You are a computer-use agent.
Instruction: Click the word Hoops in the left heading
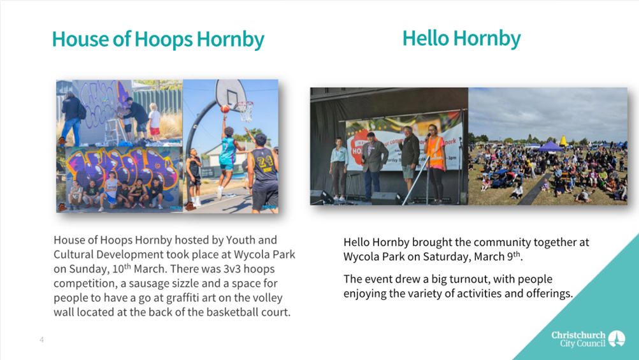coord(164,40)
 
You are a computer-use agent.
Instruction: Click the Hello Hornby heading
coord(461,39)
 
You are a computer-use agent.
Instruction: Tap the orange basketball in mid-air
coord(225,109)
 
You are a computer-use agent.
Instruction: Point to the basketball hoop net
coord(245,112)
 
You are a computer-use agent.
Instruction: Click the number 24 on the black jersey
coord(265,160)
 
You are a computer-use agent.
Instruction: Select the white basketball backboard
coord(230,94)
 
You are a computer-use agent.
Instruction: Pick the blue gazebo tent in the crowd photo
coord(550,147)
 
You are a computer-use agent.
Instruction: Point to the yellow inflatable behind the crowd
coord(563,141)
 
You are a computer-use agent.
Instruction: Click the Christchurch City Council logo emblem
coord(617,338)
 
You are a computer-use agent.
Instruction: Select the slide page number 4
coord(41,340)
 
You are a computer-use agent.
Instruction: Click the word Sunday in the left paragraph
coord(87,269)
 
